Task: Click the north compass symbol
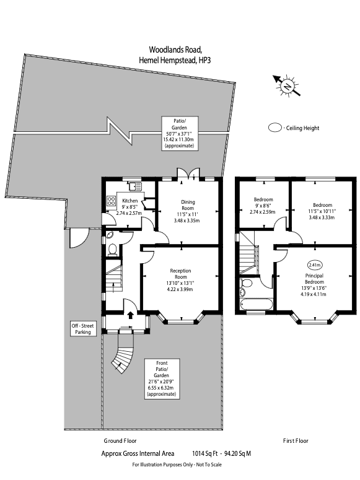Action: (x=287, y=86)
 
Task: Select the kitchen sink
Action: (x=135, y=186)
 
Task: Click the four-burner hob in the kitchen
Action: (x=111, y=201)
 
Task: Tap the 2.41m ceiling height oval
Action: (x=315, y=265)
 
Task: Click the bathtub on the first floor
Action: (x=256, y=304)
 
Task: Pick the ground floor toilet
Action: (x=112, y=249)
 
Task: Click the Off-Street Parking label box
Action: (x=83, y=329)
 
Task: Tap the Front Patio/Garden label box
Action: (x=162, y=378)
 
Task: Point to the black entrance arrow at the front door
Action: (x=130, y=315)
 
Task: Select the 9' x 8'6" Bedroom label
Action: (x=263, y=206)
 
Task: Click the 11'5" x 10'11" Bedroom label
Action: (x=322, y=211)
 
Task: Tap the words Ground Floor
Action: (x=120, y=441)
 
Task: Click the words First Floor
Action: (x=296, y=441)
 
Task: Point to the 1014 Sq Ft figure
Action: (x=204, y=453)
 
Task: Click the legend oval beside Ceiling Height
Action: (x=275, y=128)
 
